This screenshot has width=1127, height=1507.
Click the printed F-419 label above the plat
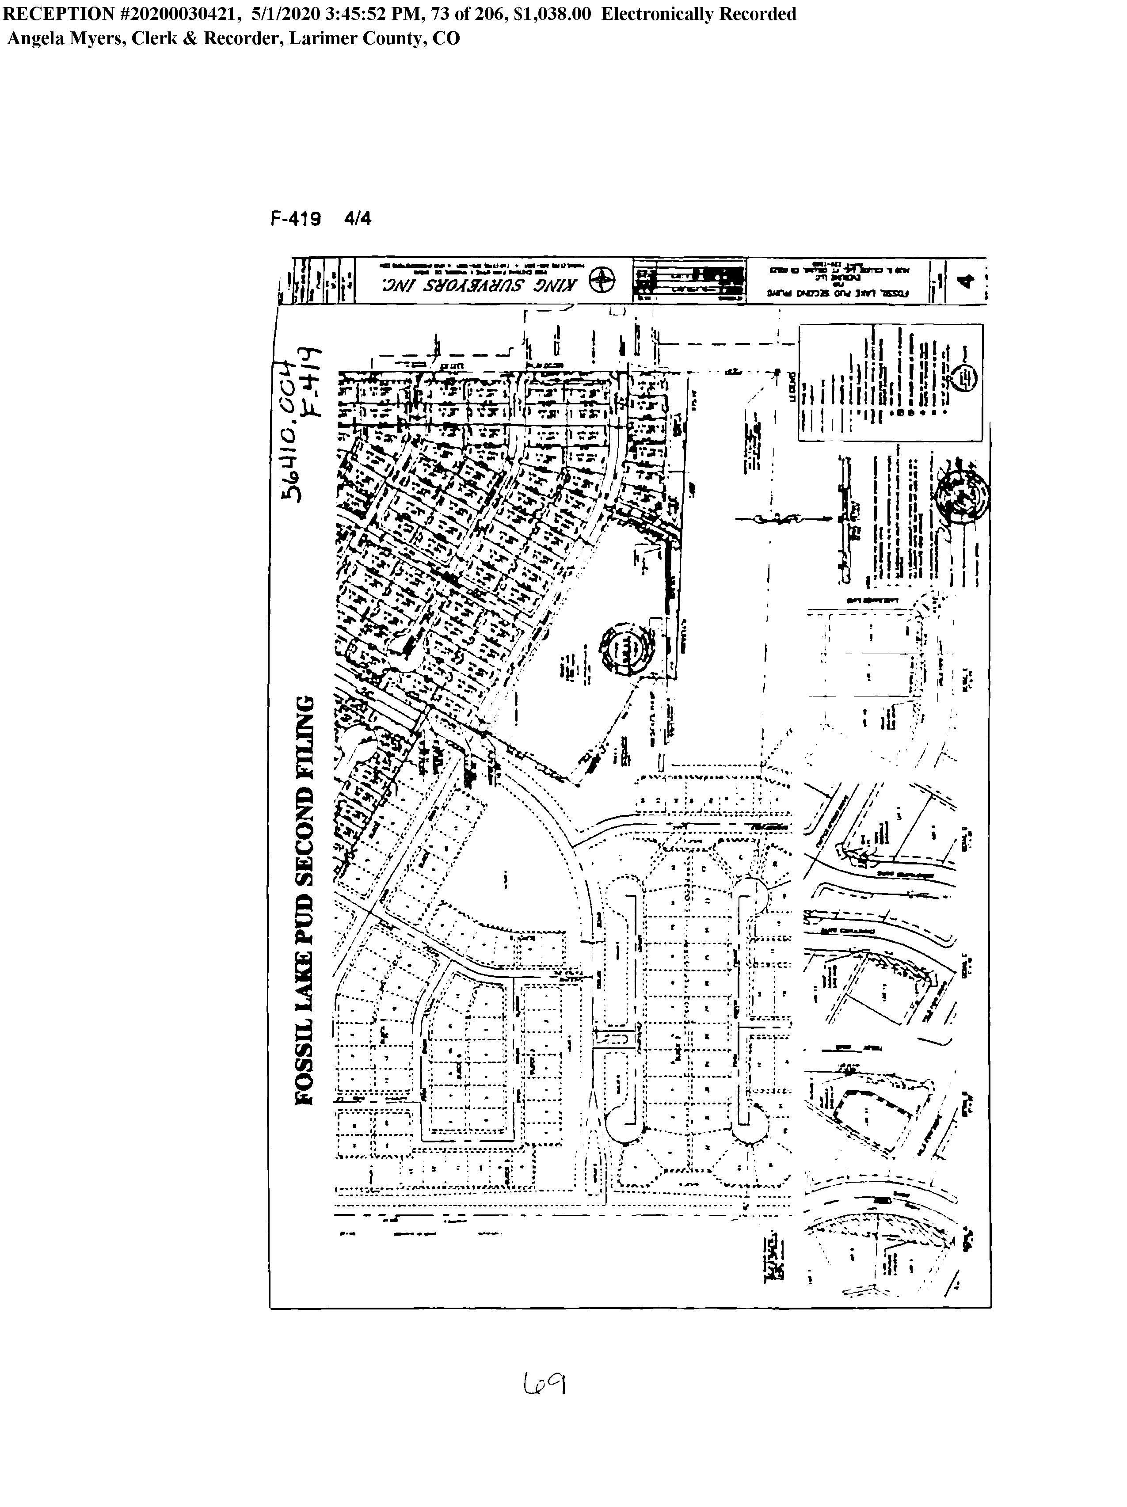pyautogui.click(x=296, y=219)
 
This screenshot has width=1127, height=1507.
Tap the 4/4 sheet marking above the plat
pyautogui.click(x=358, y=219)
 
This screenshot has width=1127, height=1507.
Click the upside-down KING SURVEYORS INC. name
pyautogui.click(x=478, y=282)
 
